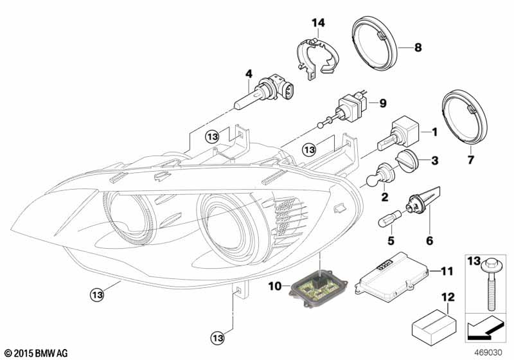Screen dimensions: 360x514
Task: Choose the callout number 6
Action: tap(429, 241)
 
